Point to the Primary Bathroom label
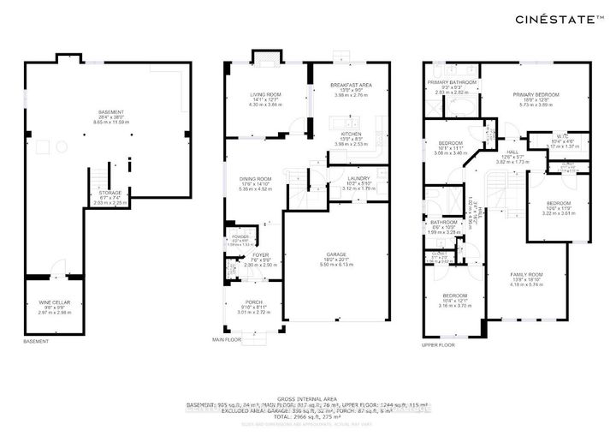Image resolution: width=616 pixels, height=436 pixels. tap(453, 81)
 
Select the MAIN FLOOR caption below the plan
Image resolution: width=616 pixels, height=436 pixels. tap(228, 340)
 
